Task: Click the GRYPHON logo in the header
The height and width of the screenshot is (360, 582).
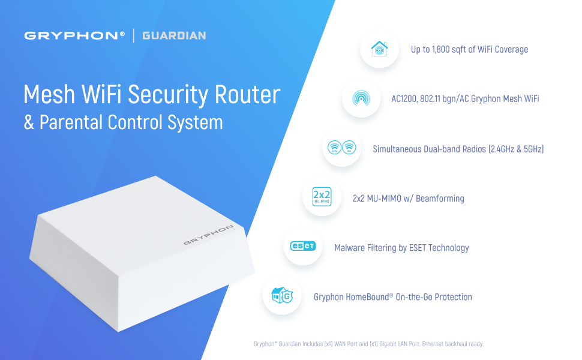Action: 74,36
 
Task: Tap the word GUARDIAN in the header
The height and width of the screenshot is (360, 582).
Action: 174,36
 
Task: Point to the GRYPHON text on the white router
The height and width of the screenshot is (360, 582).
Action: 208,235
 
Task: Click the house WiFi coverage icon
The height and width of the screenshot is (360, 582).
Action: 379,49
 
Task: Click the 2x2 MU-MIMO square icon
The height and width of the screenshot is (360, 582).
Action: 322,197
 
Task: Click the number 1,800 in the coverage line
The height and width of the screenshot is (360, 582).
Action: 443,49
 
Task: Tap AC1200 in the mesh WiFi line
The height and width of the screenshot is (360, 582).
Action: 406,98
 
